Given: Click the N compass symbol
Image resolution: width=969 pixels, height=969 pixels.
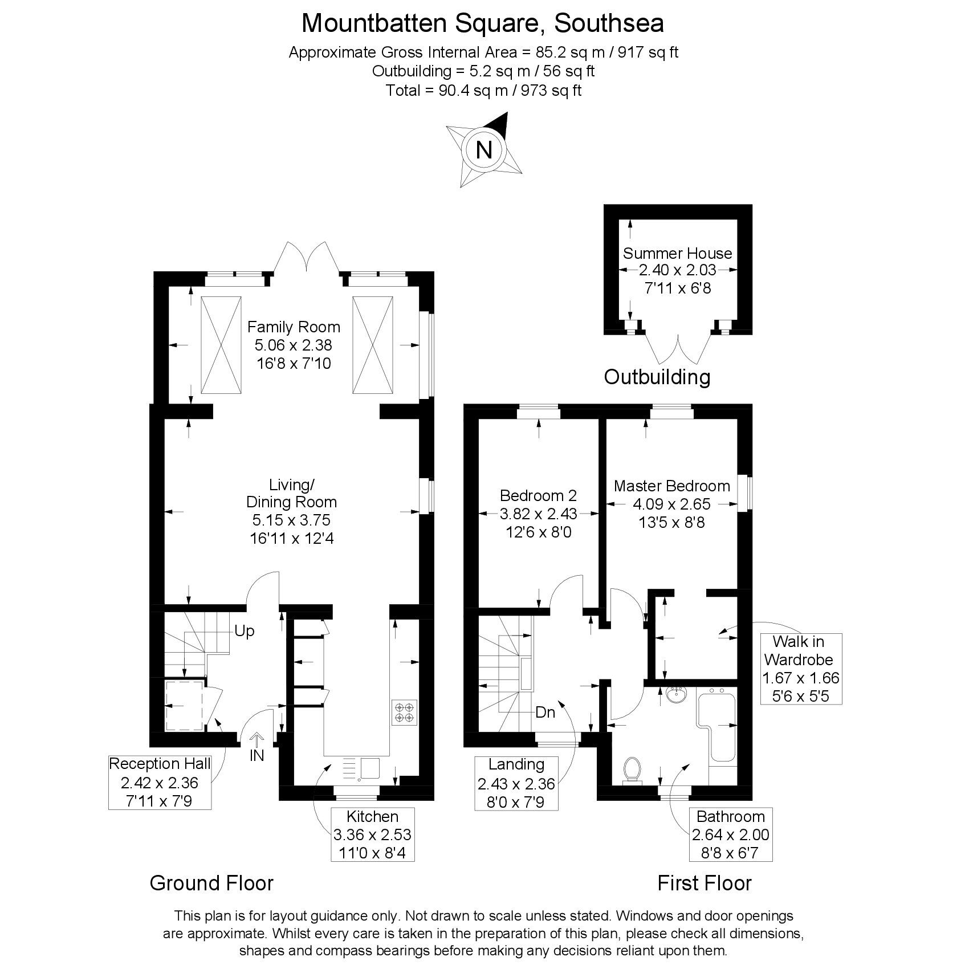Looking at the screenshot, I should (x=484, y=150).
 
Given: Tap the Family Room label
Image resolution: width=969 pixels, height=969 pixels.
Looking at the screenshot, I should (x=294, y=327).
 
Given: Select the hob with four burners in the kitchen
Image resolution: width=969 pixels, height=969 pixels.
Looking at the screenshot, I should (x=405, y=712).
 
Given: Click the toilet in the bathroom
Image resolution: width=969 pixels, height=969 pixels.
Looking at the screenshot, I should (x=632, y=770).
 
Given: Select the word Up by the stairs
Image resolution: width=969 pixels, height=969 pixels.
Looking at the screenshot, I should (x=244, y=631).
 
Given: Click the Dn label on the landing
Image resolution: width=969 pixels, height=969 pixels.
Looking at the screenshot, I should (x=545, y=712).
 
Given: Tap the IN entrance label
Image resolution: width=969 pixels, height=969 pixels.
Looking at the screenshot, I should (x=256, y=756).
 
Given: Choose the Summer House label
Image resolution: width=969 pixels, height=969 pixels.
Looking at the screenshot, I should (x=677, y=253).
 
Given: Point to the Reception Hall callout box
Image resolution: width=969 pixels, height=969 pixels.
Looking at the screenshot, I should (x=160, y=781).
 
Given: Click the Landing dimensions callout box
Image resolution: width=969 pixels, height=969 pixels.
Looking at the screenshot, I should (x=516, y=782).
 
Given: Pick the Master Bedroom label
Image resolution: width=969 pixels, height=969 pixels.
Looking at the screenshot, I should (x=671, y=486).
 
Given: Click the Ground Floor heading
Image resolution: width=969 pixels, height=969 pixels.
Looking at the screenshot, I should (x=211, y=883).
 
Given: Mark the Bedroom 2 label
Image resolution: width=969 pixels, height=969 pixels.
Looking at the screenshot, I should (x=538, y=495).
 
